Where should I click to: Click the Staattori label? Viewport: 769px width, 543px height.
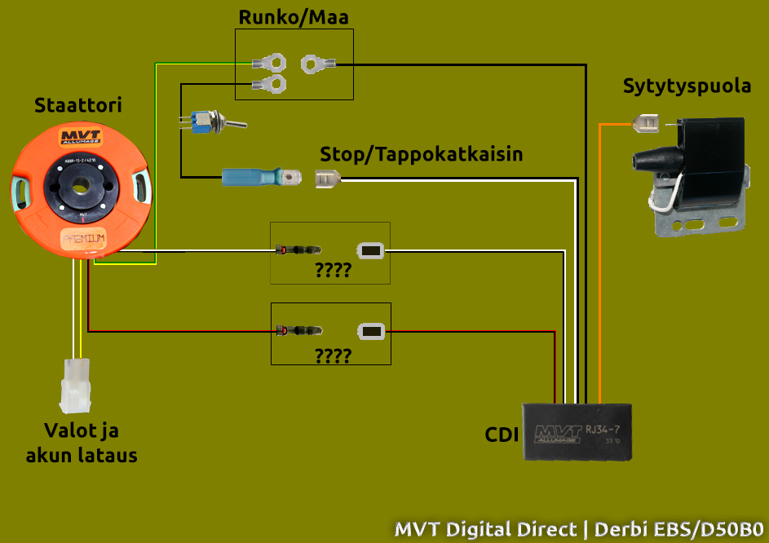(78, 105)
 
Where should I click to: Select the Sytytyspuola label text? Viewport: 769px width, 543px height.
(687, 86)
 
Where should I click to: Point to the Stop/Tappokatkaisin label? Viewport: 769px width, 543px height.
(421, 153)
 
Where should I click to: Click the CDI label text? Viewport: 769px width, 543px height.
(502, 435)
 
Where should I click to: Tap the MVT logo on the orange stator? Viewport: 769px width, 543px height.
(80, 137)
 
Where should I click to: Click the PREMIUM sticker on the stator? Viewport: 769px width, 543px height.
(83, 239)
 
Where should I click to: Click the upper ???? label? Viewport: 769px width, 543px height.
(333, 271)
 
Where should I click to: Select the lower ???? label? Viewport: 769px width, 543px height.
(333, 355)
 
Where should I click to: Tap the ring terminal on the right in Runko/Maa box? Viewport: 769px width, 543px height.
(316, 63)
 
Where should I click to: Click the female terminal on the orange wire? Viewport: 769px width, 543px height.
(647, 124)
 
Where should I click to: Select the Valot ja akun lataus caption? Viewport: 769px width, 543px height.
(81, 443)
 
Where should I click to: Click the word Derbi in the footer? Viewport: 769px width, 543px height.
(625, 528)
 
